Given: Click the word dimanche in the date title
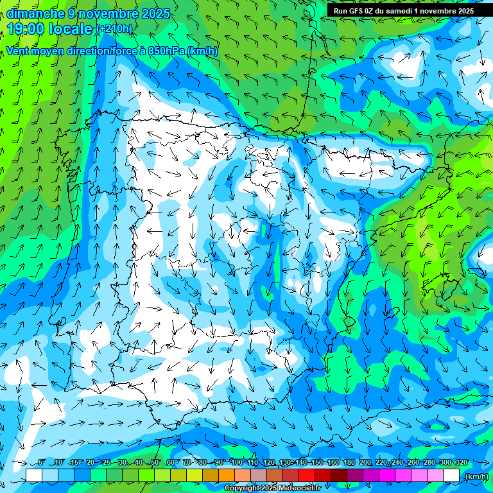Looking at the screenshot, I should point(36,13).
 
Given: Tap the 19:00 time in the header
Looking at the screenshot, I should point(26,28).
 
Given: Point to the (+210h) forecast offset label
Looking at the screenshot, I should point(114,28).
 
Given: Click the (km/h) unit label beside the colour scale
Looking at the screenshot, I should point(476,476).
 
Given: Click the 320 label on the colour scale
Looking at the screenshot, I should point(462,463).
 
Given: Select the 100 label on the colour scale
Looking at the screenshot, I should point(237,463).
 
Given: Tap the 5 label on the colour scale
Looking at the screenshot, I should point(42,463).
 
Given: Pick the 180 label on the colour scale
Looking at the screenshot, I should point(349,463).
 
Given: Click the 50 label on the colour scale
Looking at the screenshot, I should point(155,463).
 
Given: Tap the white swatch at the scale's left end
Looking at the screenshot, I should point(34,476).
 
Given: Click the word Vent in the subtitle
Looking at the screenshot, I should point(19,51).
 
